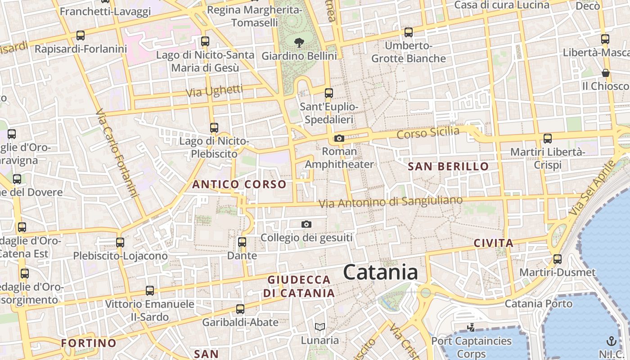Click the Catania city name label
click(x=380, y=272)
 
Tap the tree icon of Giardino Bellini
click(x=298, y=43)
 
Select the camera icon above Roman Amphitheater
click(x=339, y=139)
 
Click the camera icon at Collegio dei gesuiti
click(x=306, y=224)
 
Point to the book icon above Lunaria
click(x=320, y=327)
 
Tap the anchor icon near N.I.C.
click(x=611, y=341)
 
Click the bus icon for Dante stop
click(x=242, y=242)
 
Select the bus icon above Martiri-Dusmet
click(x=558, y=259)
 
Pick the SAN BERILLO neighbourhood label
click(x=448, y=166)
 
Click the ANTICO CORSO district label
click(x=239, y=184)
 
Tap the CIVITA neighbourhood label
click(x=494, y=243)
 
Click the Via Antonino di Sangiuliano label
click(x=391, y=202)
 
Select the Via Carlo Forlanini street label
click(x=117, y=153)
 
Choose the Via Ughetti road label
click(x=214, y=91)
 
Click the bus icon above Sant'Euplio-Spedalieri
click(x=329, y=93)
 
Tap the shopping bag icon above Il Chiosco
click(x=606, y=73)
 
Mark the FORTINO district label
click(x=89, y=343)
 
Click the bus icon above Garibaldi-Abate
click(x=240, y=309)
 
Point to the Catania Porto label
click(x=539, y=303)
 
